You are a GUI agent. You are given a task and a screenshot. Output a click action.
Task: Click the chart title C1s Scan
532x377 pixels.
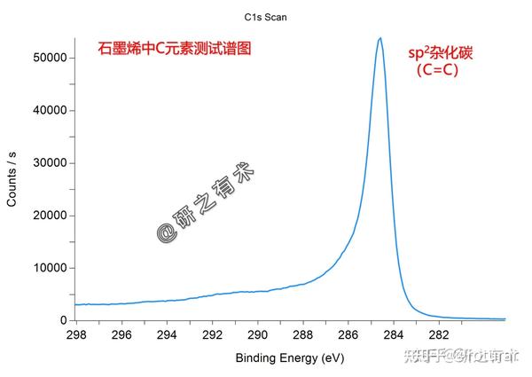tap(265, 16)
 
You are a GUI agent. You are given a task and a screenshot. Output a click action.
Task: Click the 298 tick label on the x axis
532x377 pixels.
tap(77, 335)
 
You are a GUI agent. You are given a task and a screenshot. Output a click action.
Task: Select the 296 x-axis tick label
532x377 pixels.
tap(122, 335)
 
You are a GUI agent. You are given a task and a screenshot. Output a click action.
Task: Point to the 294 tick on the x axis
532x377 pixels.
tap(168, 335)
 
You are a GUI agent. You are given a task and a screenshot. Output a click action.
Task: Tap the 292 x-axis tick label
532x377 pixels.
tap(213, 335)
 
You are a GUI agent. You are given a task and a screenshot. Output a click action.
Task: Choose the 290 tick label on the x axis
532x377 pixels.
tap(258, 335)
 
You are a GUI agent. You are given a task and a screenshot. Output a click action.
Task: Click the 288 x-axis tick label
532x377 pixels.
tap(303, 335)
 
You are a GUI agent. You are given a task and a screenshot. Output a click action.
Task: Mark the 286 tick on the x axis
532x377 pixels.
tap(348, 335)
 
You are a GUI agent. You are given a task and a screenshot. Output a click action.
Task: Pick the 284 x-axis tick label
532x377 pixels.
tap(394, 335)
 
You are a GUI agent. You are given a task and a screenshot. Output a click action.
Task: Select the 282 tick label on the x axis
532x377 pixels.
tap(439, 335)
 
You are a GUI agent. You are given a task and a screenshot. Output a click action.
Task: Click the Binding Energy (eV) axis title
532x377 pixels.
tap(289, 357)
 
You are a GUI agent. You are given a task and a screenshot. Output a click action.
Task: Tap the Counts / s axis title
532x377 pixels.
tap(12, 178)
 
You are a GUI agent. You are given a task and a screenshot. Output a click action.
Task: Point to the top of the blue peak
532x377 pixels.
tap(379, 38)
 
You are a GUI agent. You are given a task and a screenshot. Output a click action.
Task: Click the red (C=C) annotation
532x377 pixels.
tap(437, 71)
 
